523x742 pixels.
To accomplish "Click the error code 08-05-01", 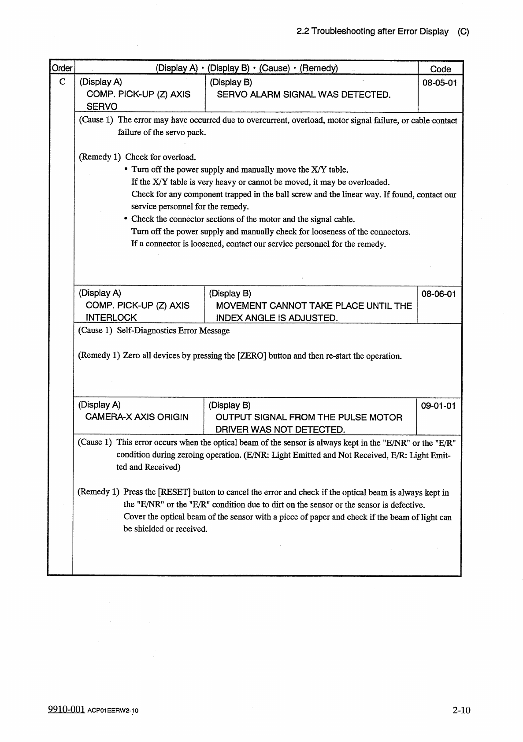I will pos(439,82).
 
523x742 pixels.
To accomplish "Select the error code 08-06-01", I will pos(438,293).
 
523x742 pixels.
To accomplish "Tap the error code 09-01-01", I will pos(438,405).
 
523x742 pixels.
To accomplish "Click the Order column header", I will pos(62,68).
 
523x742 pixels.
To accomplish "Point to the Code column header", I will pos(440,69).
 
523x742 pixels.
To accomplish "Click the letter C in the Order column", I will pos(63,82).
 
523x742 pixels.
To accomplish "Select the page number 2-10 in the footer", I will pos(461,710).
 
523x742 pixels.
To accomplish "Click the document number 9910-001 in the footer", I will pos(66,710).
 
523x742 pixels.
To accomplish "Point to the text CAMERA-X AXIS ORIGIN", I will pos(137,417).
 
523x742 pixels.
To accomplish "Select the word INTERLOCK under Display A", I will pos(111,317).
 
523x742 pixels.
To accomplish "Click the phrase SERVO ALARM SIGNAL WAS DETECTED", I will pos(304,95).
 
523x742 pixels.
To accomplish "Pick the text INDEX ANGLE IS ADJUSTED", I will pos(277,318).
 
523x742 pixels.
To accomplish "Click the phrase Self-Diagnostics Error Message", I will pos(173,330).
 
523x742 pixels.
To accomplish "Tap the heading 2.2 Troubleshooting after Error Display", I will pos(372,32).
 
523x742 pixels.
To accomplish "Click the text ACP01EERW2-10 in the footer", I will pos(113,711).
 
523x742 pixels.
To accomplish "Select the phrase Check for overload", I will pos(160,157).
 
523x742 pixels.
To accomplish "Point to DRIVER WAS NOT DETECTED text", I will pos(280,430).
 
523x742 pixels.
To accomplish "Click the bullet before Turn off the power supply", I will pos(126,170).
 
